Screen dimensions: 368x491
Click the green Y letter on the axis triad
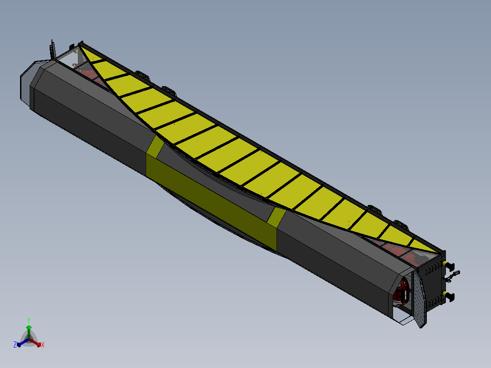coord(28,320)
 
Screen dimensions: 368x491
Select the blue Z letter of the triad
coord(15,345)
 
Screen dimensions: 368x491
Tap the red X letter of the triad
coord(43,345)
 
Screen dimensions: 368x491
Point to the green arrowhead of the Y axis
coord(29,327)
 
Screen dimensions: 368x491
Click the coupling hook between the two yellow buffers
coord(454,275)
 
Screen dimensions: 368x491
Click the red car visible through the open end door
coord(403,291)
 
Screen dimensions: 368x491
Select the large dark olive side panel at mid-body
coord(210,200)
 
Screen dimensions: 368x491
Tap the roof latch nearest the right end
coord(401,224)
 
